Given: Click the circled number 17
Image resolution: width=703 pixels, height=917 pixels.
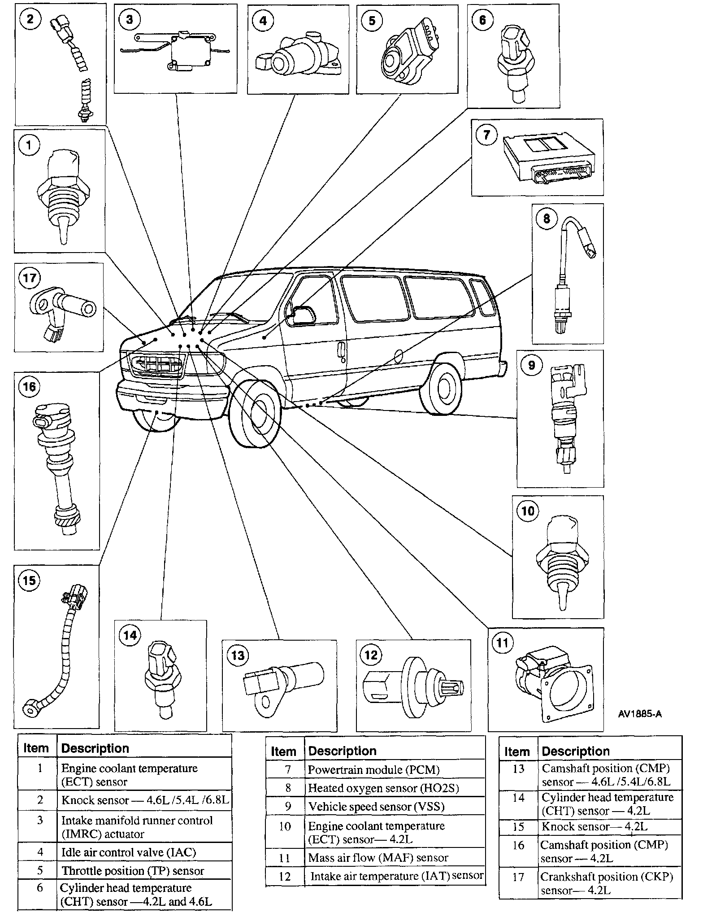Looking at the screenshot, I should [29, 278].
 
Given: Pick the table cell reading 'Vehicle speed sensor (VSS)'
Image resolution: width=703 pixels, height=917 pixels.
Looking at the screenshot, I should [376, 807].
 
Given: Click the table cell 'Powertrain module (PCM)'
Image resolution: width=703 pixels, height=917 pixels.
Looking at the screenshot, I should [373, 770].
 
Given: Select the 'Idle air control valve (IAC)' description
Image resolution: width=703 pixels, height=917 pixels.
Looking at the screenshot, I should [128, 852].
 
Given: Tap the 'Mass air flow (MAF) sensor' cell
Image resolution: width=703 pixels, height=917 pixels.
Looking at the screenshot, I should [378, 858].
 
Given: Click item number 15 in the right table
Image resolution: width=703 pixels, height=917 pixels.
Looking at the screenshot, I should [518, 826].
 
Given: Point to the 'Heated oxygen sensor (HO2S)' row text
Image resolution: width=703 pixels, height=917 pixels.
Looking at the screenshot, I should [383, 788].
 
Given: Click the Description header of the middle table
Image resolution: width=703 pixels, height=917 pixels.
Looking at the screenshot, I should [342, 751].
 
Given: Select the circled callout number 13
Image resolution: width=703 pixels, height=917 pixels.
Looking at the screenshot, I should [238, 655].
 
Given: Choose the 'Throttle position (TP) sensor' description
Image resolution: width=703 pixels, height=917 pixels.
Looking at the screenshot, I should [133, 871].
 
